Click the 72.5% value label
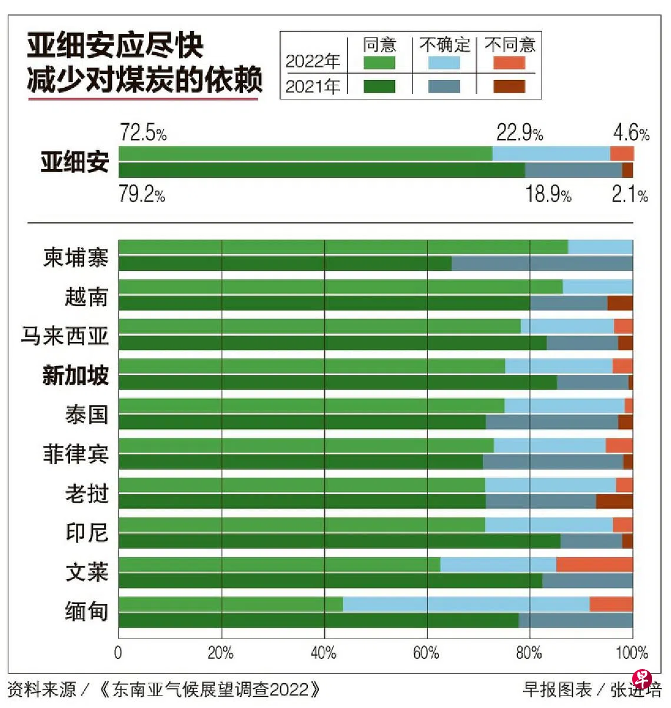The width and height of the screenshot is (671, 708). coord(143,133)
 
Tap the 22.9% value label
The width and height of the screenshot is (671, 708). coord(519,133)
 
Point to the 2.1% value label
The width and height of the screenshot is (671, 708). coord(629,194)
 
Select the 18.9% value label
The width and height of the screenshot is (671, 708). coord(548,194)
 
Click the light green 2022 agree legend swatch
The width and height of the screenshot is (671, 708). coord(379,62)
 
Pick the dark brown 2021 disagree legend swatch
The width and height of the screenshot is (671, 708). coord(509,87)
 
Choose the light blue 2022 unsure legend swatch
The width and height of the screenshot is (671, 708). coord(444,62)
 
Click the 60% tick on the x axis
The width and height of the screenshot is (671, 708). coord(426,653)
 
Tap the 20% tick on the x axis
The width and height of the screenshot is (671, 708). coord(221,653)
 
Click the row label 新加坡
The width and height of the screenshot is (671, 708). coord(75,374)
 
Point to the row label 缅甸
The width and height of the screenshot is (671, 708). coord(87,611)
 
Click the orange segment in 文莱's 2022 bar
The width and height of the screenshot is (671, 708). coord(594,565)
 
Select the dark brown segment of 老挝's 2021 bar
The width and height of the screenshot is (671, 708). coord(614,501)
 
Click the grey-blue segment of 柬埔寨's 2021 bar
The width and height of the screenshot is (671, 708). coord(542,264)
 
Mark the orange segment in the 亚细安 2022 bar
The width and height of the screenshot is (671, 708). coord(622,154)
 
